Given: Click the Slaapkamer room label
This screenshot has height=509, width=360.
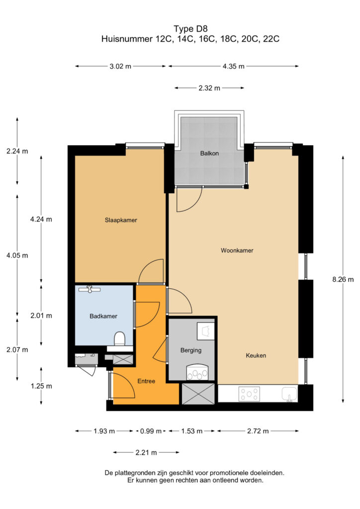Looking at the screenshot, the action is coord(121,220).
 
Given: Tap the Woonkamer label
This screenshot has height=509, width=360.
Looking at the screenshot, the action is coord(237,251).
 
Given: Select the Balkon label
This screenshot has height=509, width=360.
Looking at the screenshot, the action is coord(209,153).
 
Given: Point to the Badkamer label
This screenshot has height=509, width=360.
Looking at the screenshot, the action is coord(103,316).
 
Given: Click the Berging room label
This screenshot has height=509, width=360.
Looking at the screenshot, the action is coord(191,350).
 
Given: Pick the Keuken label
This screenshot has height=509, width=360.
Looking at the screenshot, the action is coord(256,355).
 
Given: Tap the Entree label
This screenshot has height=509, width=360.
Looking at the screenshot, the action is coord(146,381).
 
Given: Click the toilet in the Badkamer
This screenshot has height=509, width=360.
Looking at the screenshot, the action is coord(120,339).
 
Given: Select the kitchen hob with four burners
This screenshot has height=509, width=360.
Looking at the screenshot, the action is coord(249,394).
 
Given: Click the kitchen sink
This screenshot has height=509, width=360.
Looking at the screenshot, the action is coord(289,394).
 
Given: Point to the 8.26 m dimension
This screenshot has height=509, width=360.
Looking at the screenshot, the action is coord(343,279).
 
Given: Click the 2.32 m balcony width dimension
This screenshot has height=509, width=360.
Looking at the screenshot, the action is coord(209,88).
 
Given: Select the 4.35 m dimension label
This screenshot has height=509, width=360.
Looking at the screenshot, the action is coord(233,66).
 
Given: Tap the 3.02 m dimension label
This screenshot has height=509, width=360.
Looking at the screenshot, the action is coord(120,66).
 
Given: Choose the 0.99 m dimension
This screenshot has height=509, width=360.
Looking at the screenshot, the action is coord(151,431).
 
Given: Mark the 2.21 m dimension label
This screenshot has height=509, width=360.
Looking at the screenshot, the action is coord(146,452).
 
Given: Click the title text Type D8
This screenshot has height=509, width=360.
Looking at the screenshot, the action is coord(190,29).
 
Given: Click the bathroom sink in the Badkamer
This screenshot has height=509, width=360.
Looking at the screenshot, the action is coord(90,289).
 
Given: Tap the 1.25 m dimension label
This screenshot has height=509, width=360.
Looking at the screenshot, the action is coord(41,386).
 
